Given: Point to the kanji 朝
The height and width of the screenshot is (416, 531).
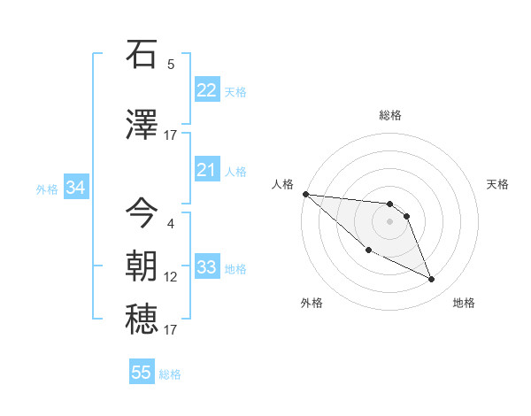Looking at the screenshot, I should point(142,266).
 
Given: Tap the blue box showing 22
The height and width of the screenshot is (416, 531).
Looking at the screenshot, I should point(206,90).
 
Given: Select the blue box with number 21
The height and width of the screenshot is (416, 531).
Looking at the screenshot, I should point(206,170).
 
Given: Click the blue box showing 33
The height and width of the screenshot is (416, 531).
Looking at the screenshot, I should point(206,267).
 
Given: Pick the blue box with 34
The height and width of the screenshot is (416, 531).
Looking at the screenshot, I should point(75,188).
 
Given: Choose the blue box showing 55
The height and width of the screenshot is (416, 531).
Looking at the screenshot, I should point(142,373).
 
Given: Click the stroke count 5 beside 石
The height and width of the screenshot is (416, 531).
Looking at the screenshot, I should point(171,65).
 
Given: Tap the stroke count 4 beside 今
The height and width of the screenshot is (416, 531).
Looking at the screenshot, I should point(171,224).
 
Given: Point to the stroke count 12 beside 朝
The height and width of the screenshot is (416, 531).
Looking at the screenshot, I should point(171,277).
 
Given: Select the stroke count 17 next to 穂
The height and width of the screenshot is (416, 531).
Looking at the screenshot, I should point(171,330).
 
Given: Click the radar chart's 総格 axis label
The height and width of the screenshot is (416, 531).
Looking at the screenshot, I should point(389,115).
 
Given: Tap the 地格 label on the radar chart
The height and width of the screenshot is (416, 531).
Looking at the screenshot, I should point(464,303).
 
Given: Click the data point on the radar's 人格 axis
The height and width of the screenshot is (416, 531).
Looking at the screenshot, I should point(305,194).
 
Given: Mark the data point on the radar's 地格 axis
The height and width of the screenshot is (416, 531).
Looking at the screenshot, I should point(431,280).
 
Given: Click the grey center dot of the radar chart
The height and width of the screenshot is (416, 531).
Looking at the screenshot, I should point(389,221).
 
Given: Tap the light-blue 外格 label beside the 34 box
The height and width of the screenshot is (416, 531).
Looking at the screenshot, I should point(47,189).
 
